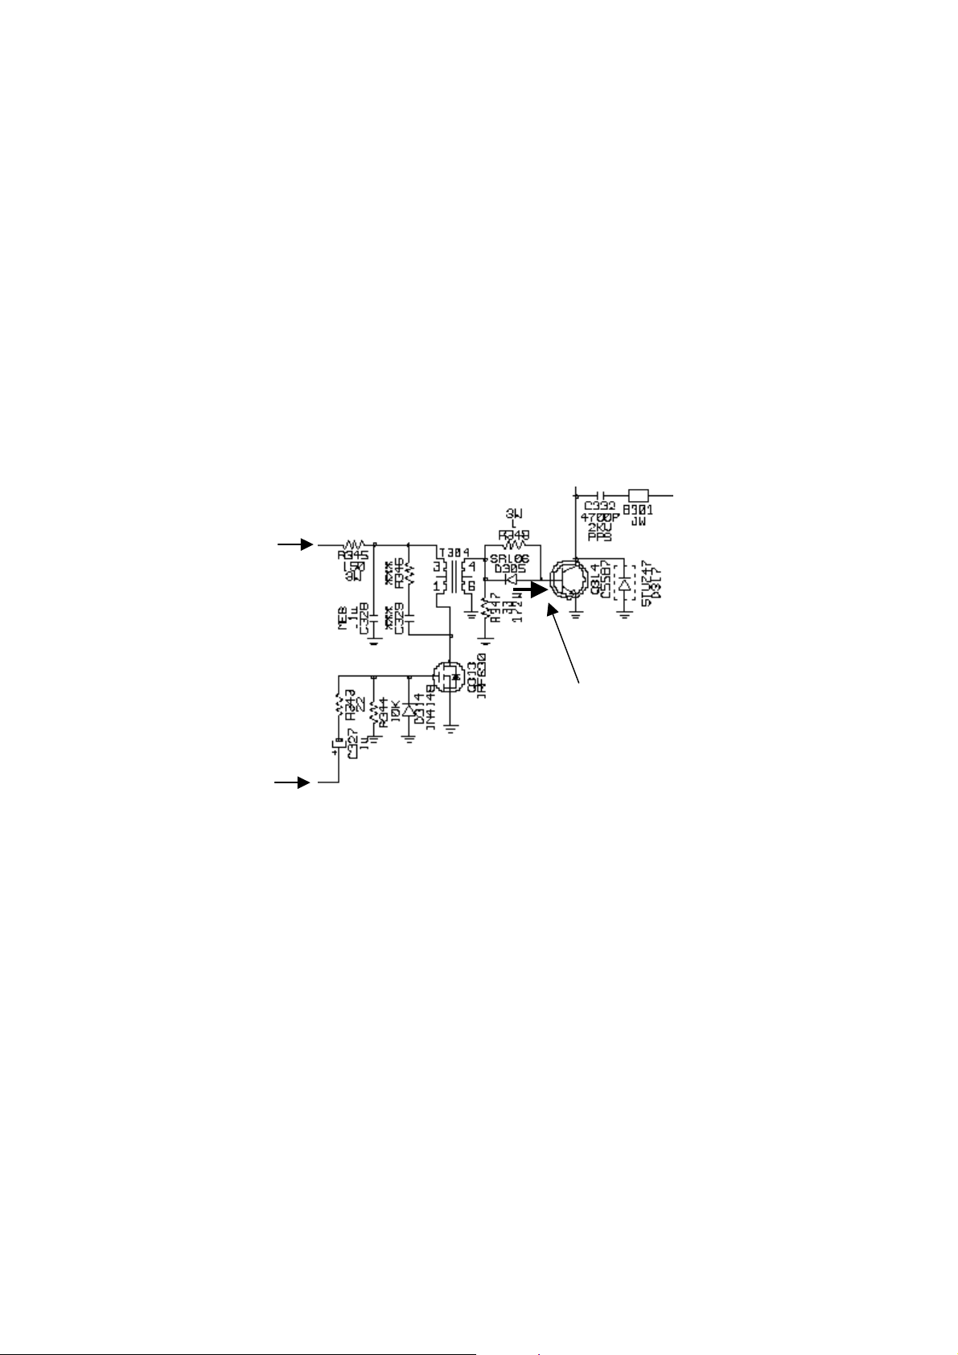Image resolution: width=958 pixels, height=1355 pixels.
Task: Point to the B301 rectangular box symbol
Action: pos(638,495)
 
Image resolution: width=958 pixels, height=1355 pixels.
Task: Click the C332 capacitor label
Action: pos(600,507)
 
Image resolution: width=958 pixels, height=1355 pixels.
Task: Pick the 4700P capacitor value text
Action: pos(602,518)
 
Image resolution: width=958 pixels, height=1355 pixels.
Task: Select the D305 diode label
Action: pos(509,568)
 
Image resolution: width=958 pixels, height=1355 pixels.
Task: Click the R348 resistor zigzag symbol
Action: pos(512,544)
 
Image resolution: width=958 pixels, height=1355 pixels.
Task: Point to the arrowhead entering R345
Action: pos(306,544)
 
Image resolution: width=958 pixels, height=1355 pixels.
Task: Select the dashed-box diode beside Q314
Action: pos(623,582)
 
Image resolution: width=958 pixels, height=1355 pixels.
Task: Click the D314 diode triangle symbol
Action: pos(409,710)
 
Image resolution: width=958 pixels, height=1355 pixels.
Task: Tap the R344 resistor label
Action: pos(384,712)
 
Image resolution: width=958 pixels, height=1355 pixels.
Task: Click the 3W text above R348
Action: pos(512,512)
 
